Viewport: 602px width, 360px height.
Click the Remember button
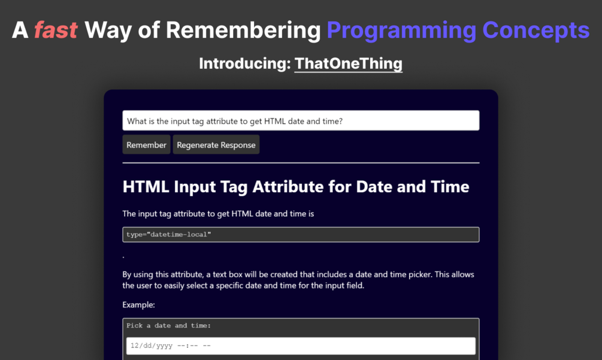click(x=146, y=145)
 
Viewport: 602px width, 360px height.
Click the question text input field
click(x=301, y=120)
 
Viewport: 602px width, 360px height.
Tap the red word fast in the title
click(x=56, y=30)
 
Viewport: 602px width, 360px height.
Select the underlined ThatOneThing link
click(x=348, y=63)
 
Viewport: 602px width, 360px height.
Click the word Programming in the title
click(x=401, y=31)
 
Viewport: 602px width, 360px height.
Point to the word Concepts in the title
click(x=536, y=31)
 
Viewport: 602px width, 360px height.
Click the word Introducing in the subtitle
click(x=245, y=63)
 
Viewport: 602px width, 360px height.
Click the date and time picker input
click(x=301, y=346)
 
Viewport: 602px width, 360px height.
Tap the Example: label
click(x=138, y=305)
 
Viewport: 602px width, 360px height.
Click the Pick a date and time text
click(x=168, y=325)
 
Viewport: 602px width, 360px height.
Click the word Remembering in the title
click(x=243, y=31)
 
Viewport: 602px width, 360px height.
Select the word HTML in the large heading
click(x=146, y=186)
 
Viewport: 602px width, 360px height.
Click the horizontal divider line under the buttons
click(x=301, y=163)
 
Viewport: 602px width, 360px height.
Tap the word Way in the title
click(x=108, y=31)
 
